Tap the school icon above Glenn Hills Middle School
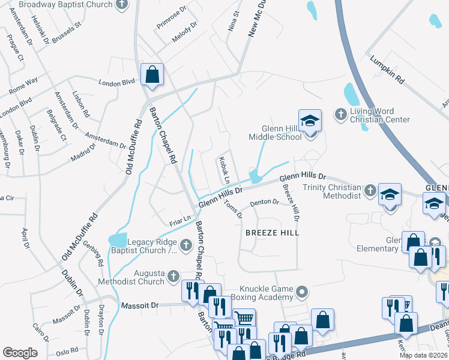point(310,121)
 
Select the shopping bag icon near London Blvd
point(152,75)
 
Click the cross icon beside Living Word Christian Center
point(340,114)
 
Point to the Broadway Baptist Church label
point(66,5)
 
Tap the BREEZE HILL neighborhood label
point(272,232)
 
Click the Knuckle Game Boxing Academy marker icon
point(302,293)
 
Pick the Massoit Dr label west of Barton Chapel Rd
point(139,305)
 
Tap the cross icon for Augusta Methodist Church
point(174,276)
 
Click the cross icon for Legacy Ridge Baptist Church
point(185,244)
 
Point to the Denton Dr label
point(265,203)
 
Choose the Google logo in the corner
point(20,353)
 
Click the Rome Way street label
point(23,85)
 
